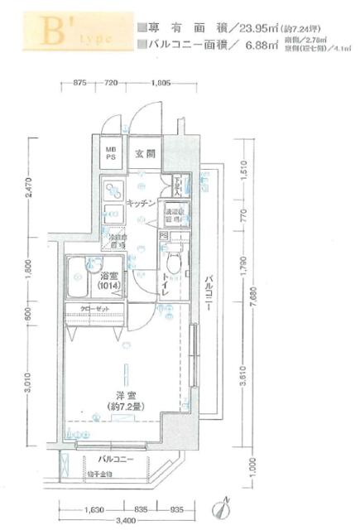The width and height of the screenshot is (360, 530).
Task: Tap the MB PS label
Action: click(x=111, y=153)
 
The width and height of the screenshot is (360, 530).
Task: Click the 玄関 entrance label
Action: click(x=146, y=153)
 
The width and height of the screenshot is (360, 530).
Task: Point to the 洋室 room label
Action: click(x=126, y=395)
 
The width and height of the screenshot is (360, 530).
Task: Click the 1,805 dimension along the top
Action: click(x=162, y=84)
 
